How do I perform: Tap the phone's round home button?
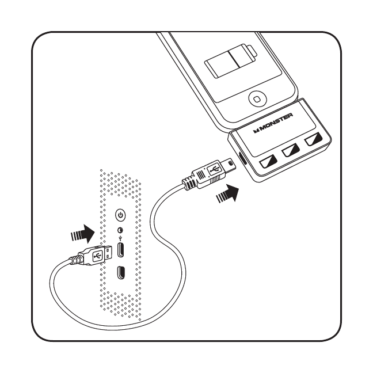click(x=257, y=99)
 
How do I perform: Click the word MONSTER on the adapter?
click(x=273, y=123)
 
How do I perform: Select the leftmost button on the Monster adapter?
click(x=268, y=162)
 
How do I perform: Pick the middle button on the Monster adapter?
click(x=291, y=150)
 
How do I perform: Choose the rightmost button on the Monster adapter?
click(x=314, y=139)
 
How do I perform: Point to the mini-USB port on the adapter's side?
click(x=243, y=158)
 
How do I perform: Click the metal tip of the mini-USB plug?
click(x=229, y=164)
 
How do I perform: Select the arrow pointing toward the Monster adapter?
click(x=227, y=193)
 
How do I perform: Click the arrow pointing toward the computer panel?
click(x=83, y=234)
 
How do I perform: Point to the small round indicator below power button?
click(x=121, y=230)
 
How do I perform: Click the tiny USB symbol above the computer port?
click(x=121, y=238)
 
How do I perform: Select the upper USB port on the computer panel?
click(x=121, y=250)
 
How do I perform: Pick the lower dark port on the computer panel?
click(x=121, y=272)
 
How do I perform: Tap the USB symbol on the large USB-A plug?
click(x=97, y=256)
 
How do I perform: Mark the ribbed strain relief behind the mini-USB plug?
click(x=189, y=183)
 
